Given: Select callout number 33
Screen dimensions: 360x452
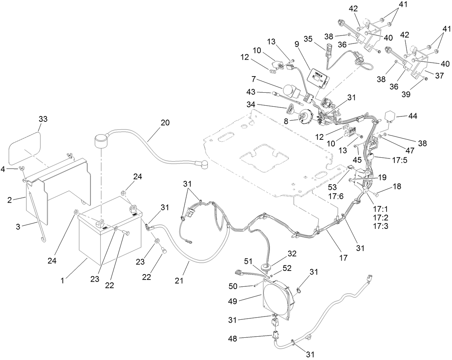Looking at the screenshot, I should coord(42,119).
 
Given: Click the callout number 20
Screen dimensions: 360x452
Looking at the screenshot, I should coord(165,123).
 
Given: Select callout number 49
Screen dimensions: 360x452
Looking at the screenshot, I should coord(232,301).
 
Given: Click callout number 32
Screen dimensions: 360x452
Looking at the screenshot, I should coord(292,254).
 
